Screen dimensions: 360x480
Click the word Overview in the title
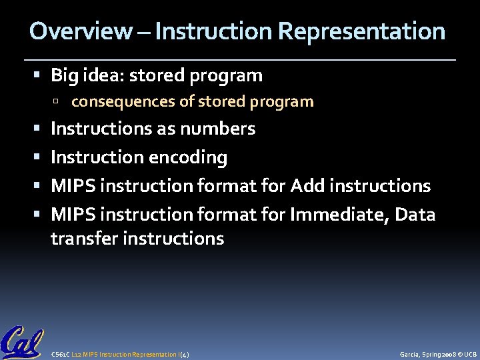(x=81, y=31)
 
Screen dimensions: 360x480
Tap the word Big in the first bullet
(x=65, y=76)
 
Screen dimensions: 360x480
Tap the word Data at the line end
(x=414, y=215)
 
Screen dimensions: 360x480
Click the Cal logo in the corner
(x=21, y=342)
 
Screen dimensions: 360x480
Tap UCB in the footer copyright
(x=470, y=354)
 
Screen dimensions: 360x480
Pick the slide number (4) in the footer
(x=184, y=354)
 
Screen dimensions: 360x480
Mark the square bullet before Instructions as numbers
(x=41, y=129)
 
